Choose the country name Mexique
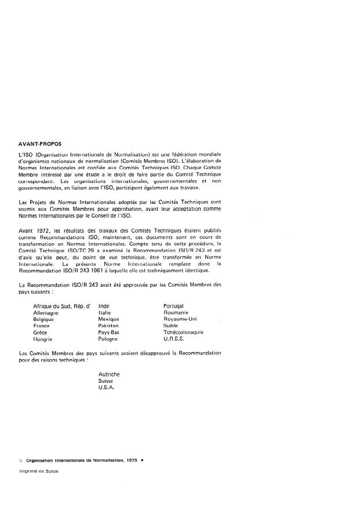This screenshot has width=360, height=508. click(109, 319)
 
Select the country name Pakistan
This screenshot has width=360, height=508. click(110, 326)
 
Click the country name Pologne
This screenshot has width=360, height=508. click(109, 339)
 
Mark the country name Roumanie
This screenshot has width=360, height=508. click(176, 312)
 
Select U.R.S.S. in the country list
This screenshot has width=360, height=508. click(174, 339)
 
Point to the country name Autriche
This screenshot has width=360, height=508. click(110, 375)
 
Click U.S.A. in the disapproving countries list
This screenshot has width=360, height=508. click(107, 388)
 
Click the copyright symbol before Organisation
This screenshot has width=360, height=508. click(21, 459)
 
